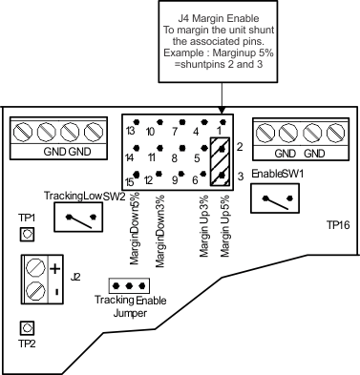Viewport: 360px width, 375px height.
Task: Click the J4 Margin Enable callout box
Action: point(218,42)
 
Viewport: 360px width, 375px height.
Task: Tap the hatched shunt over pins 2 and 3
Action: point(220,161)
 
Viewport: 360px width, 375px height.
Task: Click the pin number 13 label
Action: point(130,131)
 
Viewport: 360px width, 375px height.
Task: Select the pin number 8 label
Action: point(174,157)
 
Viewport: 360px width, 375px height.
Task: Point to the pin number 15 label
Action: point(130,182)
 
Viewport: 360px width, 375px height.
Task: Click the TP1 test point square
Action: point(27,235)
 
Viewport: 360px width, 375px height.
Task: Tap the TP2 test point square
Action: point(27,328)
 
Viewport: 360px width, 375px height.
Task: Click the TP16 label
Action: point(338,225)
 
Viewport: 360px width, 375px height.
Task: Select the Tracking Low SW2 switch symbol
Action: point(78,217)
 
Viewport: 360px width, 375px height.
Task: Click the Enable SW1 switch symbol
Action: point(275,198)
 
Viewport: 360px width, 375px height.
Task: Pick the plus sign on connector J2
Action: point(55,269)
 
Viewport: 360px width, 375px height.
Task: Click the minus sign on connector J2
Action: point(56,291)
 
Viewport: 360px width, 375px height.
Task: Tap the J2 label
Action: point(75,277)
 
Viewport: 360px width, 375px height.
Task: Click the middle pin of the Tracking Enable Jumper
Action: point(129,286)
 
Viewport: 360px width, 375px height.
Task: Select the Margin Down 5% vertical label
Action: point(135,228)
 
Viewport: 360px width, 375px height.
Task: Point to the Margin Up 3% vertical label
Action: point(204,226)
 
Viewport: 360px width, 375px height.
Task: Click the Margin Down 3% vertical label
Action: point(160,231)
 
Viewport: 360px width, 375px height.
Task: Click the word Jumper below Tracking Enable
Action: point(130,313)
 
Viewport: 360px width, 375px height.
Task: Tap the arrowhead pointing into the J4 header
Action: point(222,111)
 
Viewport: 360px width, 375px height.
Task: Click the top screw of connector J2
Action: point(34,267)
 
